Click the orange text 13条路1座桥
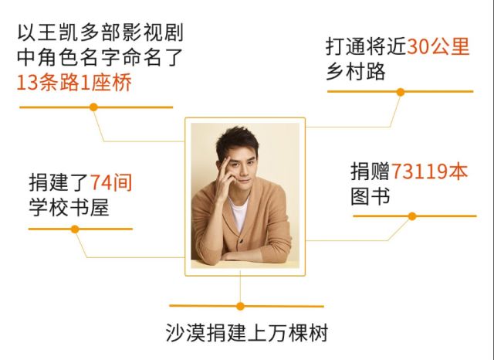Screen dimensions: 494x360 tap(73, 83)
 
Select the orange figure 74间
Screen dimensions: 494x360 tap(111, 182)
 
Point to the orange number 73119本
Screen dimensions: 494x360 tap(430, 171)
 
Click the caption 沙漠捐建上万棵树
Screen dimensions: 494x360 tap(247, 335)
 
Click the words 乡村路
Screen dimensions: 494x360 tap(355, 72)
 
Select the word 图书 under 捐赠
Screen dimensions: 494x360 tap(370, 196)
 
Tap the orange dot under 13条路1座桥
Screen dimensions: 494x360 tap(93, 107)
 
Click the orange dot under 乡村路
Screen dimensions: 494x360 tap(400, 91)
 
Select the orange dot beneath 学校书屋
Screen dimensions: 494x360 tap(75, 229)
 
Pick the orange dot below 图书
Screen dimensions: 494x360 tap(412, 216)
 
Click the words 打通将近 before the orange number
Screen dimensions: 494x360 tap(366, 47)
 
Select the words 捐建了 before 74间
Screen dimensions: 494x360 tap(59, 182)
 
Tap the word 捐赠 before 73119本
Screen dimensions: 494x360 tap(370, 171)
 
